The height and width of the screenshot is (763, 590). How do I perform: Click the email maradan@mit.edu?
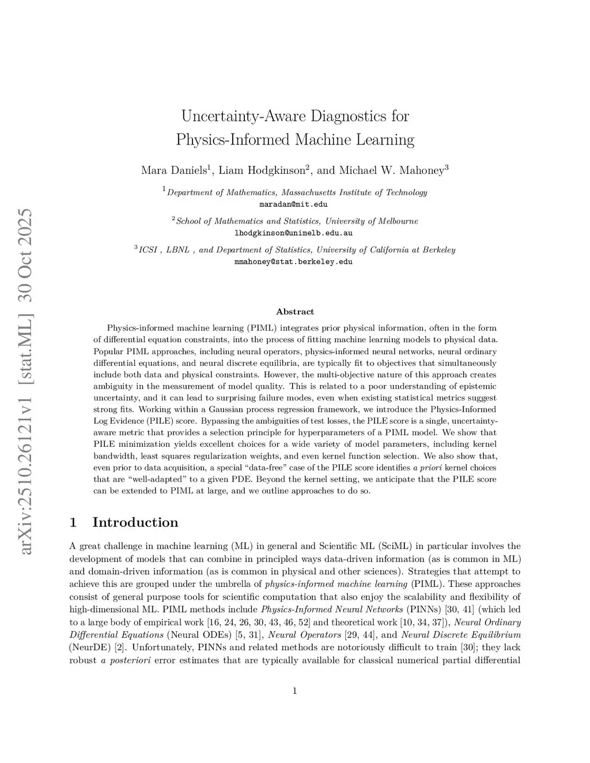point(294,204)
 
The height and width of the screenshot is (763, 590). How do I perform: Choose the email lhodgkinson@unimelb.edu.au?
point(294,233)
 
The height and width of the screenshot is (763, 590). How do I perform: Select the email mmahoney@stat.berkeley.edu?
point(294,261)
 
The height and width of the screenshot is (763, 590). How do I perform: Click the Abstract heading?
point(295,312)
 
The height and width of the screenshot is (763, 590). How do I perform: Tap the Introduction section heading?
point(135,522)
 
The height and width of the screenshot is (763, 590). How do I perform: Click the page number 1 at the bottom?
point(295,691)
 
